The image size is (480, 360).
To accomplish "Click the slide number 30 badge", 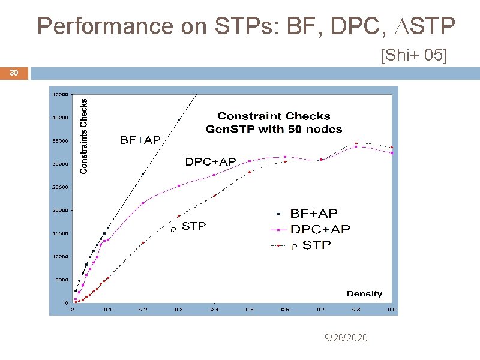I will [14, 73].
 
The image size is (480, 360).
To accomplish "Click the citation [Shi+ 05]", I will [413, 56].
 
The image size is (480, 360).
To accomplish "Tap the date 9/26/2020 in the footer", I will [346, 338].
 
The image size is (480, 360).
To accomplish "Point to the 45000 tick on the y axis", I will [59, 94].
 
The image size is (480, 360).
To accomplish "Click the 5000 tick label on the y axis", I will [61, 280].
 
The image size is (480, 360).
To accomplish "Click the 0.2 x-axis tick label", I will [142, 310].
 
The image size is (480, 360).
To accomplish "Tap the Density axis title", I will [364, 294].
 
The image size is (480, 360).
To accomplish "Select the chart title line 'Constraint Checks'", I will [274, 116].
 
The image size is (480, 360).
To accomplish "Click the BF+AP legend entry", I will [313, 214].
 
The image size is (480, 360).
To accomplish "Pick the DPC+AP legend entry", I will [320, 229].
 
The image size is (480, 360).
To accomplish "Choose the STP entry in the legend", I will [316, 245].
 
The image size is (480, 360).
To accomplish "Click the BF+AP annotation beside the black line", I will [140, 140].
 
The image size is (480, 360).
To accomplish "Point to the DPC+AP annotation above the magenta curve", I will [210, 161].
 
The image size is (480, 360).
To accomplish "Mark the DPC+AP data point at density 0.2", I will [142, 203].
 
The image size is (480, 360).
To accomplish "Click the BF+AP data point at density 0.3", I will [178, 120].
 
